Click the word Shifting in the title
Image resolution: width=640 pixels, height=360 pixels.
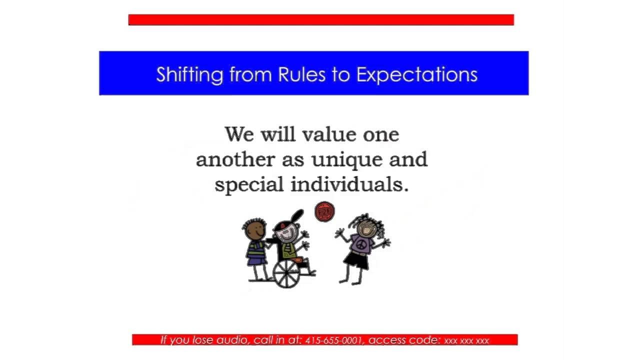[x=189, y=75]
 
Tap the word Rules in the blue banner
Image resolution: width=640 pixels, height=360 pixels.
[x=301, y=74]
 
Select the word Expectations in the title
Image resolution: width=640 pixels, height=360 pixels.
[x=417, y=75]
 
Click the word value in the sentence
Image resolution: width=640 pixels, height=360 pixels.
[x=329, y=134]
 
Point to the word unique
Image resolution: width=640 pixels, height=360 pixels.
[x=347, y=160]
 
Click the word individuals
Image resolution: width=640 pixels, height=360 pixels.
[x=349, y=184]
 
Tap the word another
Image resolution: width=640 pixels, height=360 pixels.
[x=235, y=159]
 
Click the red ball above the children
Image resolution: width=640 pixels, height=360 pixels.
[x=324, y=211]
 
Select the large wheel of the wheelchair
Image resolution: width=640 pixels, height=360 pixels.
[x=286, y=273]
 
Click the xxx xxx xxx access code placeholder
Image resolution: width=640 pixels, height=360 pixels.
[x=466, y=341]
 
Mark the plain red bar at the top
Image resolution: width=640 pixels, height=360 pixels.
[x=321, y=19]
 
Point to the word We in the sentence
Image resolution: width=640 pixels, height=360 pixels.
[x=239, y=134]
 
